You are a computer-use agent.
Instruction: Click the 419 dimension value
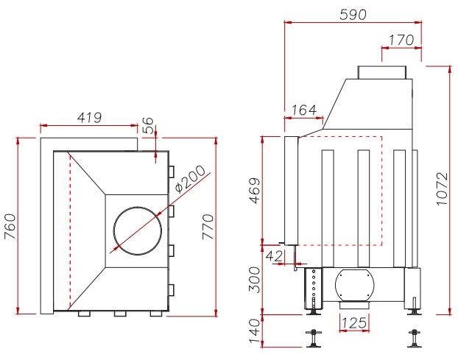(x=89, y=117)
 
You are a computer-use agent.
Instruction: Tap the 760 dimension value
(x=10, y=225)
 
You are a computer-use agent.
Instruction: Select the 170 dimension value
(x=401, y=40)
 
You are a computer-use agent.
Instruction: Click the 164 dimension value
(x=304, y=110)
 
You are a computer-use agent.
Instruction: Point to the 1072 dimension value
(x=442, y=190)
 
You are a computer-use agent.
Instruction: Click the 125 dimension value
(x=354, y=322)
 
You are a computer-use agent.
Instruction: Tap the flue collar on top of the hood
(x=381, y=72)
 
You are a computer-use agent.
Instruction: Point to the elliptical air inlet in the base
(x=355, y=284)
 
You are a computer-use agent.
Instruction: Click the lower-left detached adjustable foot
(x=316, y=339)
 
